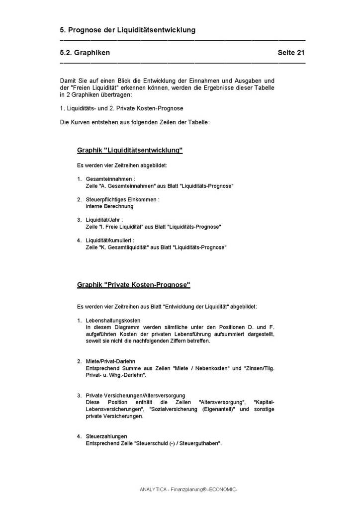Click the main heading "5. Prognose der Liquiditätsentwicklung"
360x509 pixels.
(127, 30)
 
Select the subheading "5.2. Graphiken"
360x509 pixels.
(85, 53)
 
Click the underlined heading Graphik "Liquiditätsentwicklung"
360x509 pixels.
(130, 150)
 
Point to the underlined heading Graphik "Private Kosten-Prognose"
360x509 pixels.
(133, 285)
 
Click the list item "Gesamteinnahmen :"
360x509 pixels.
(110, 178)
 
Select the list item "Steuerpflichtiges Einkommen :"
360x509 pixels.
(122, 199)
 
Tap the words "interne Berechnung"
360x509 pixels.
(106, 206)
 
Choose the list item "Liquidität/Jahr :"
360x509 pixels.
(104, 220)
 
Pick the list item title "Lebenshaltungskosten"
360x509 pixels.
(113, 320)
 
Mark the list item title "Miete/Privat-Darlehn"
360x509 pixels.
(110, 361)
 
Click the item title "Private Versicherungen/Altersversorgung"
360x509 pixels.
(135, 395)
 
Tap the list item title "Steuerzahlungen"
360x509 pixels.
(106, 436)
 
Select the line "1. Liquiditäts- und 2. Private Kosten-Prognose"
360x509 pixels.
(121, 108)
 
